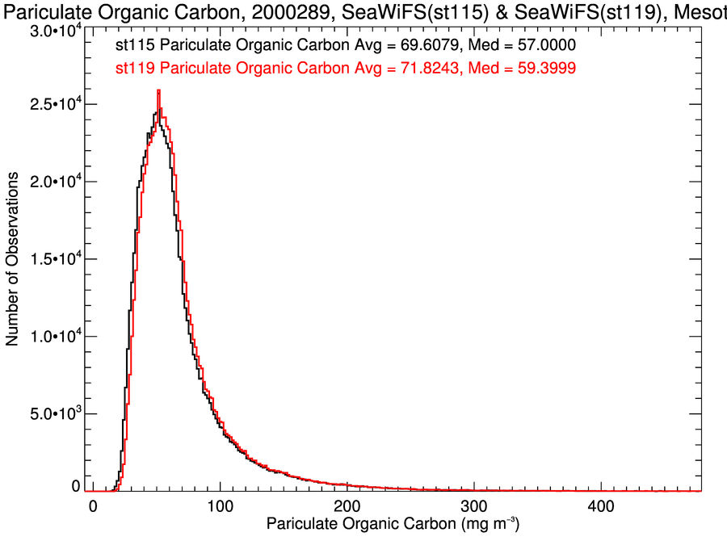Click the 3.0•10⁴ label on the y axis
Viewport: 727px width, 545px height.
pyautogui.click(x=53, y=31)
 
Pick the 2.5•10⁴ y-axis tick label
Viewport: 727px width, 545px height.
pyautogui.click(x=53, y=105)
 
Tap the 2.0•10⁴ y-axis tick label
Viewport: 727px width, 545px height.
pyautogui.click(x=53, y=182)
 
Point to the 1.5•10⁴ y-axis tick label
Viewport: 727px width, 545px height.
pyautogui.click(x=53, y=259)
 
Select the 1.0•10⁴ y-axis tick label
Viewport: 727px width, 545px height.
pyautogui.click(x=53, y=337)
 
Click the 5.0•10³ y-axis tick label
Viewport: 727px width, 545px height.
pyautogui.click(x=53, y=414)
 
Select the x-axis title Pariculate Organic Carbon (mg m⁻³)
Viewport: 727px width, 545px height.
pyautogui.click(x=393, y=526)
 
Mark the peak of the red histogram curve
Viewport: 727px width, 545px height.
pyautogui.click(x=159, y=90)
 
